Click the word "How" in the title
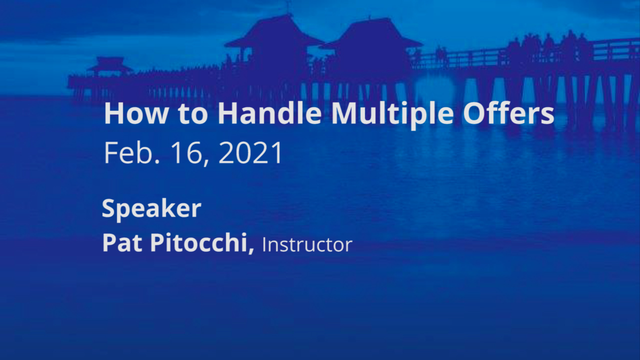click(136, 113)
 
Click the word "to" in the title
click(192, 114)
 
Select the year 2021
click(250, 152)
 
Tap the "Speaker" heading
click(151, 209)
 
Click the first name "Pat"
click(122, 242)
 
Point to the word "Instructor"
click(307, 245)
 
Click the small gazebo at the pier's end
click(109, 67)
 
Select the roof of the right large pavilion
click(371, 33)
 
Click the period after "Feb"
click(156, 161)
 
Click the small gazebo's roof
click(109, 64)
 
